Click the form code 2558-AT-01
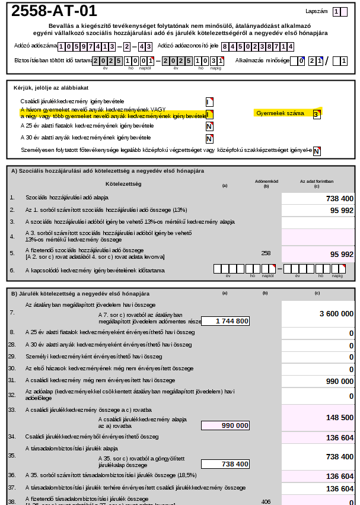coord(54,11)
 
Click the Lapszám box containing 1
coord(336,11)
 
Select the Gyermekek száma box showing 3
coord(317,114)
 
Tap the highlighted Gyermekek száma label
coord(280,113)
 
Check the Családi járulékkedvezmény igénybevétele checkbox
coord(209,101)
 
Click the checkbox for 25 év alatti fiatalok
coord(209,126)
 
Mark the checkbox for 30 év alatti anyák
coord(209,138)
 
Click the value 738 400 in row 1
coord(339,199)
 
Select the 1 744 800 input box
coord(225,321)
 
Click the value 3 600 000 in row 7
coord(336,313)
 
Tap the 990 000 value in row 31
coord(339,381)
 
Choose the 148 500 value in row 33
coord(339,418)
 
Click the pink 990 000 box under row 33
coord(225,425)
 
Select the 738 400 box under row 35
coord(225,464)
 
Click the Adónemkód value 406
coord(266,501)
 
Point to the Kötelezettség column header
coord(123,184)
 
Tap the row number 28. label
coord(12,344)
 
